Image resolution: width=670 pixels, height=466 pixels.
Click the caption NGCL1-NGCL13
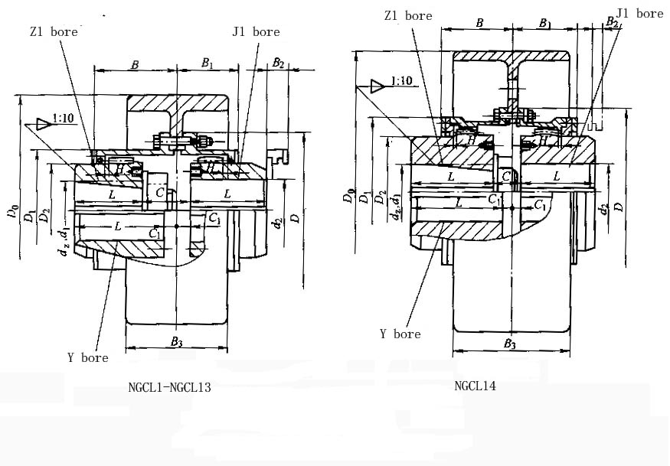click(170, 387)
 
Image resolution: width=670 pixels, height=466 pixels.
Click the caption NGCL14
click(475, 386)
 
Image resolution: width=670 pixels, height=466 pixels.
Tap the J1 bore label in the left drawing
click(256, 32)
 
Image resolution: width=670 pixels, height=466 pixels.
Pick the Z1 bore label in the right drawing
click(409, 15)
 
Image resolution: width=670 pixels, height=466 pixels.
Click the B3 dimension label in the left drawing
click(176, 341)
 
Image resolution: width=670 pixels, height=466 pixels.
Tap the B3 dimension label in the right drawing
click(510, 345)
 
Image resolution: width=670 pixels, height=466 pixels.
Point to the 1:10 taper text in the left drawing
click(64, 119)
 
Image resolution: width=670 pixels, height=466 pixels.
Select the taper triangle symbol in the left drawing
click(43, 123)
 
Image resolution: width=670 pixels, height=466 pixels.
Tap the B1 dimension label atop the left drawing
click(207, 65)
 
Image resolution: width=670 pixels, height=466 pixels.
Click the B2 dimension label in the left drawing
click(279, 63)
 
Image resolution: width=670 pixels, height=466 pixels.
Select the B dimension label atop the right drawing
click(479, 24)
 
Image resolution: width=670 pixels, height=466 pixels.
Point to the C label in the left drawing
click(160, 191)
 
